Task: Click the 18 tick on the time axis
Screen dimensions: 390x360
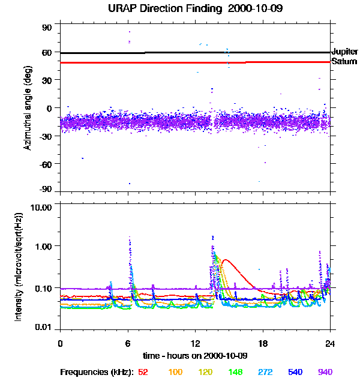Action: coord(262,343)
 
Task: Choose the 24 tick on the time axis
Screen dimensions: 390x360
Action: coord(329,343)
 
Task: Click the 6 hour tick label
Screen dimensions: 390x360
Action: coord(128,343)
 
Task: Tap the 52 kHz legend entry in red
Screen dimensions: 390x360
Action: coord(143,372)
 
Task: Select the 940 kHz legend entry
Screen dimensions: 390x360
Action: coord(325,372)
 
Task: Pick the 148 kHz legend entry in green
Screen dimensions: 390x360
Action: coord(236,372)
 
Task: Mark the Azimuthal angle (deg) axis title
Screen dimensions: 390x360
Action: coord(28,108)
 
